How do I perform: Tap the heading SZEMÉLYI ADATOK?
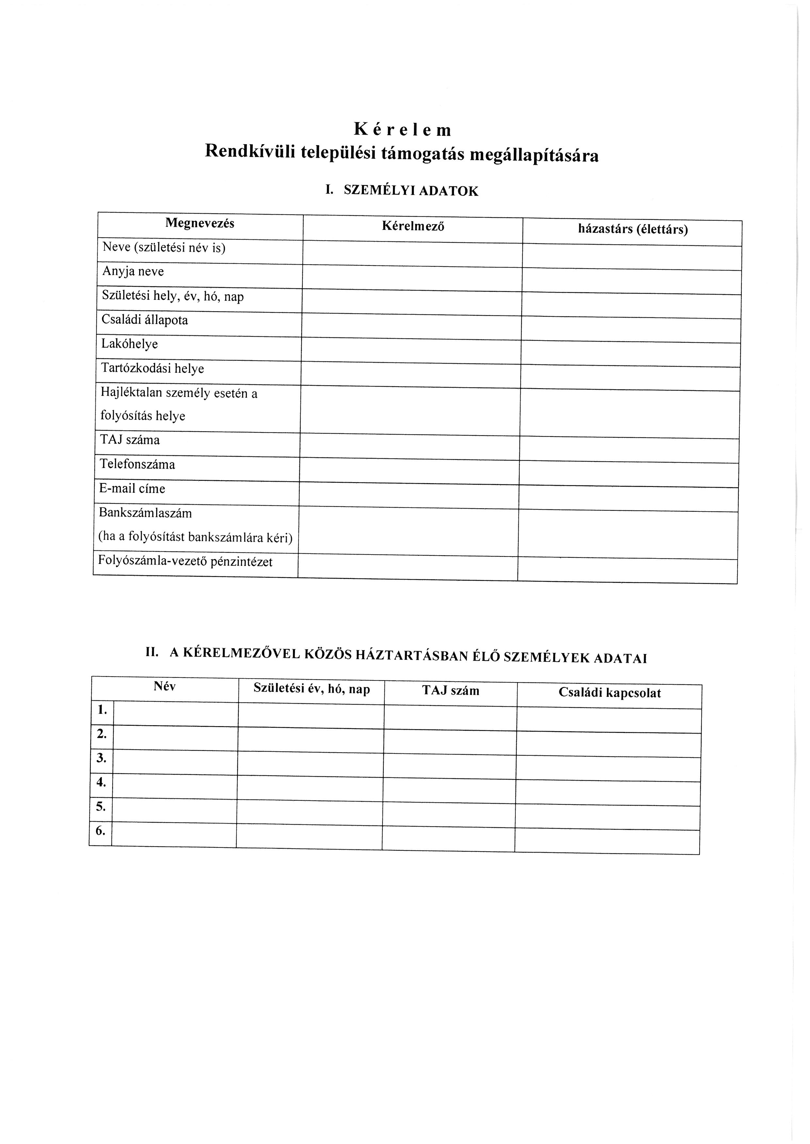pos(411,191)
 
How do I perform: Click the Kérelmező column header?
pos(413,227)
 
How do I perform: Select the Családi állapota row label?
pos(145,320)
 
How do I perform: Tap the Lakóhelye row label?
pos(130,344)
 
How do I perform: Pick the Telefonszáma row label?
pos(137,465)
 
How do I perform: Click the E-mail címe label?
pos(132,489)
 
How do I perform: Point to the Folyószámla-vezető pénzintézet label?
pos(186,561)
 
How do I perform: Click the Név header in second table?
pos(165,687)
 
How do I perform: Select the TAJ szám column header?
pos(450,691)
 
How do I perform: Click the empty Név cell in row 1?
pos(176,713)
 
